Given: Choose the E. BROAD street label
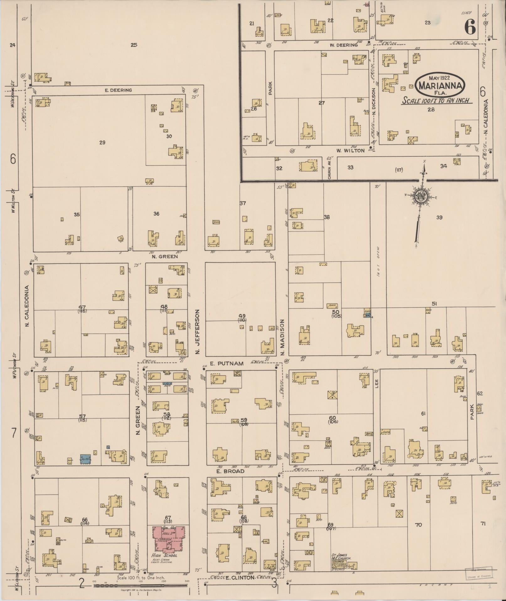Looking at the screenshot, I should [231, 471].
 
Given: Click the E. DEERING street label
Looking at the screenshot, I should [118, 90].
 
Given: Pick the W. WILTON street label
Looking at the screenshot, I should [350, 150].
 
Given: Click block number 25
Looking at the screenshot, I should [134, 45].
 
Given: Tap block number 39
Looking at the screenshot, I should [439, 217].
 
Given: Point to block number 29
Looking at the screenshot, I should [102, 143].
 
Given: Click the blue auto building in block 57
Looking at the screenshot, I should [85, 459].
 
